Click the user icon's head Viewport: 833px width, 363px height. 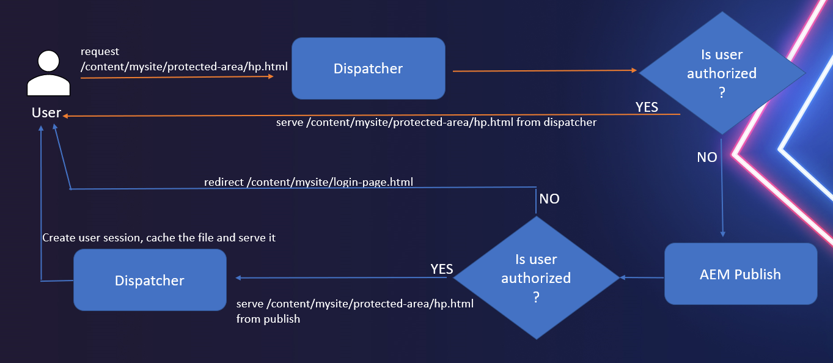point(48,61)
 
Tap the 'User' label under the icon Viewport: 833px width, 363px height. point(46,113)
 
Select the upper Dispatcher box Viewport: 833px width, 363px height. point(368,68)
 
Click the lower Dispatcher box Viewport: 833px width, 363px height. point(150,280)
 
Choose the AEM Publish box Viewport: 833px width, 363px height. point(740,274)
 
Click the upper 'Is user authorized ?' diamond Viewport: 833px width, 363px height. point(722,73)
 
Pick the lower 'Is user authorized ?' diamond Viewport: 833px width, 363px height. point(536,277)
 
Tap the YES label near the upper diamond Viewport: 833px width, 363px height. point(647,107)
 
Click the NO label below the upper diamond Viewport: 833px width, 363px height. point(707,157)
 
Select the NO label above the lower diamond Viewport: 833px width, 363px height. point(549,199)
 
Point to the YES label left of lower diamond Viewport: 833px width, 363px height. point(441,269)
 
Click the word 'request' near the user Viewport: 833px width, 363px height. point(100,52)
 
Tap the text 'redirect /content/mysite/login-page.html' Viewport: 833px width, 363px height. point(308,182)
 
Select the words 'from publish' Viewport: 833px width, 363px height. point(268,318)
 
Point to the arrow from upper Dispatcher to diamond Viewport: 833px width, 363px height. point(544,71)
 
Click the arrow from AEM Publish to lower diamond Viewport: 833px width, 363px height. point(642,277)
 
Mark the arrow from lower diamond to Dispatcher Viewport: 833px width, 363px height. point(342,278)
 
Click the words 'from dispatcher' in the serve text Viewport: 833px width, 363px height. point(556,122)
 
